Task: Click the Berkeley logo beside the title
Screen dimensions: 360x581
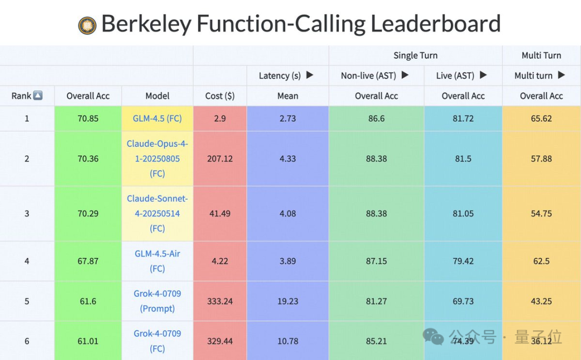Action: coord(87,25)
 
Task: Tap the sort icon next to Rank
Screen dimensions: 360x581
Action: coord(38,96)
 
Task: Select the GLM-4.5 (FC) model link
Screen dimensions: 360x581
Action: coord(157,118)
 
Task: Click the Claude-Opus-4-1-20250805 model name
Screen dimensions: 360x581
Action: coord(157,159)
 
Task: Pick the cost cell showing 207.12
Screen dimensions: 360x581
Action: coord(220,159)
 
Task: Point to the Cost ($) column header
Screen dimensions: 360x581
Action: coord(220,96)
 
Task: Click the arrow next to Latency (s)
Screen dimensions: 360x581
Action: coord(310,75)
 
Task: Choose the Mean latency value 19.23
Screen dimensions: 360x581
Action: coord(288,301)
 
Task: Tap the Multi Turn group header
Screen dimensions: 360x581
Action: coord(541,55)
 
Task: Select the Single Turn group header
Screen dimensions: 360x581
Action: coord(415,55)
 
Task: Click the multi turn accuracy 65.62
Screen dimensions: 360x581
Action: coord(541,118)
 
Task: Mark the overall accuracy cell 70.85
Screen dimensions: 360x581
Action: coord(88,118)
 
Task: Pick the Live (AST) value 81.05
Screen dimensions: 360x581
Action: coord(463,214)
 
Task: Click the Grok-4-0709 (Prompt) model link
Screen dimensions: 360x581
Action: coord(157,301)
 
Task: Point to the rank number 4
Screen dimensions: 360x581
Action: coord(27,261)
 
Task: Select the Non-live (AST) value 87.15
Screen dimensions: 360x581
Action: coord(377,261)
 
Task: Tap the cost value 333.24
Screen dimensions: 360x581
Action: coord(220,301)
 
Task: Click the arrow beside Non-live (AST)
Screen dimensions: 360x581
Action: coord(406,75)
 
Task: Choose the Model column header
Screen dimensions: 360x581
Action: coord(157,96)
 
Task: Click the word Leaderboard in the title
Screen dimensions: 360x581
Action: coord(436,24)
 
